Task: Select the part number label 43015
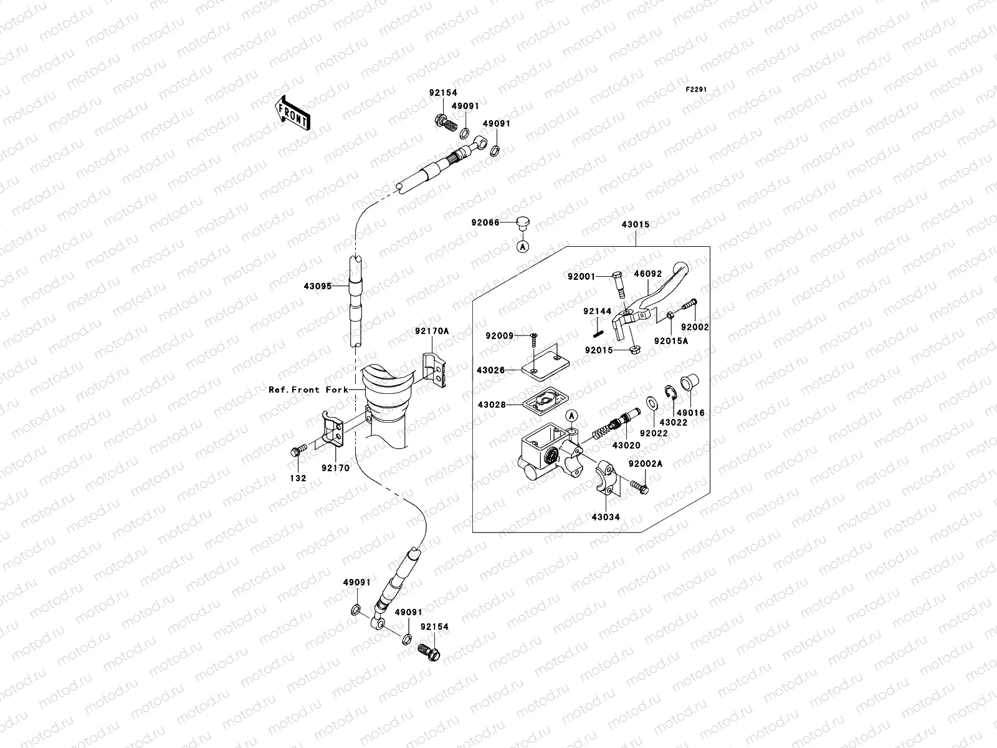[635, 224]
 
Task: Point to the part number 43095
[318, 285]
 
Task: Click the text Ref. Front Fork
[308, 390]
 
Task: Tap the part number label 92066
[485, 222]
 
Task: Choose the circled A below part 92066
[523, 247]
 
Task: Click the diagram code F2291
[697, 90]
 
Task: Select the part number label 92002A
[645, 464]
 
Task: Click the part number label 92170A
[431, 332]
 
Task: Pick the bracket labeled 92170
[332, 429]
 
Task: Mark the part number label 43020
[626, 446]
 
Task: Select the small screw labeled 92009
[534, 338]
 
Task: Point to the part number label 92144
[597, 311]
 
